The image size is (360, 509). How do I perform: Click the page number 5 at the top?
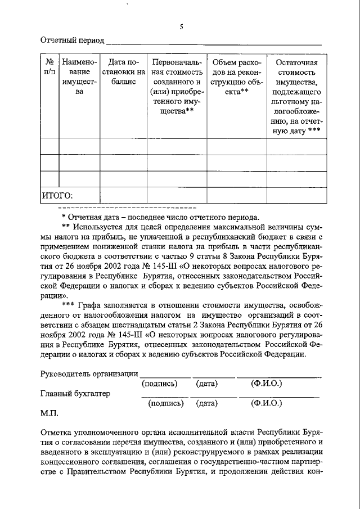point(181,26)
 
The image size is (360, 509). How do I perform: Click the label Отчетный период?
point(72,40)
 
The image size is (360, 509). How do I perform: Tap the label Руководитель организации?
point(89,374)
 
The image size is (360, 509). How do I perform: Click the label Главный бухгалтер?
point(75,394)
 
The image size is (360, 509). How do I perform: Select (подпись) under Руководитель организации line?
point(160,384)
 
